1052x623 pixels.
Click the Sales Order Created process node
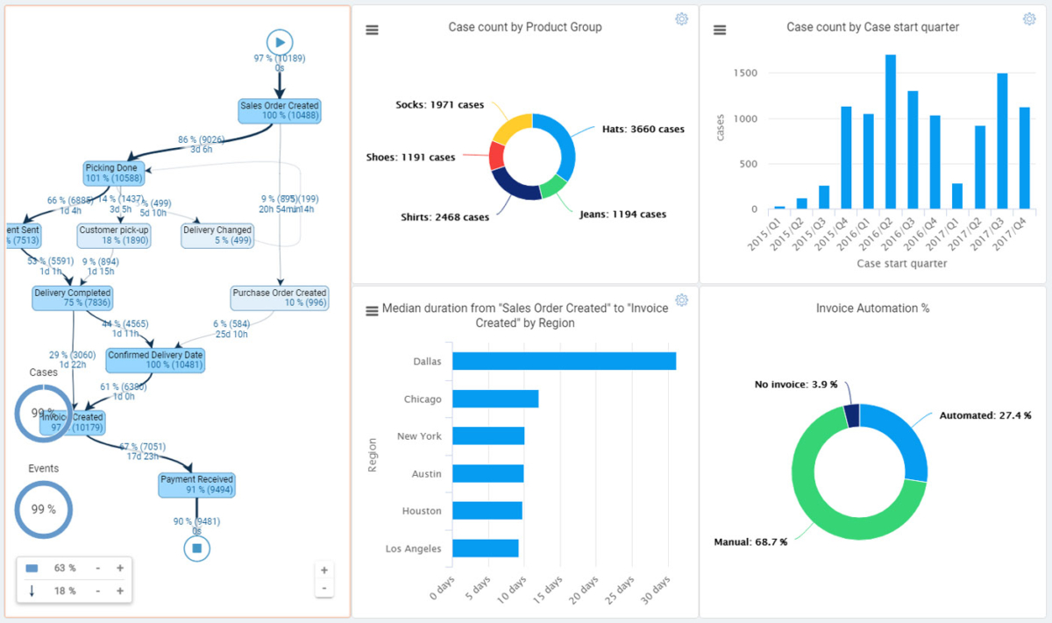(280, 110)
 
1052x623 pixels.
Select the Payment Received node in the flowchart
(196, 485)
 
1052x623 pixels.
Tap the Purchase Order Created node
(280, 298)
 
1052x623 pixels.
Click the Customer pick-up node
(114, 235)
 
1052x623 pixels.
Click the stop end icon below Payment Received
(197, 549)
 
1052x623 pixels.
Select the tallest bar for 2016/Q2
(890, 131)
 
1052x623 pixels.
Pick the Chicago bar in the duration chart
(495, 399)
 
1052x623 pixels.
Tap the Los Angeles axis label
(413, 549)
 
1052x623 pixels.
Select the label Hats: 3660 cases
(643, 129)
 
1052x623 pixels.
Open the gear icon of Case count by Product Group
(681, 19)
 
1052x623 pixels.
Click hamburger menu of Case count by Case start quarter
(720, 30)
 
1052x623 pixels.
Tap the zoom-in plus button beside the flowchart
(324, 570)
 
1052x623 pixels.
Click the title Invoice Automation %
(872, 308)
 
